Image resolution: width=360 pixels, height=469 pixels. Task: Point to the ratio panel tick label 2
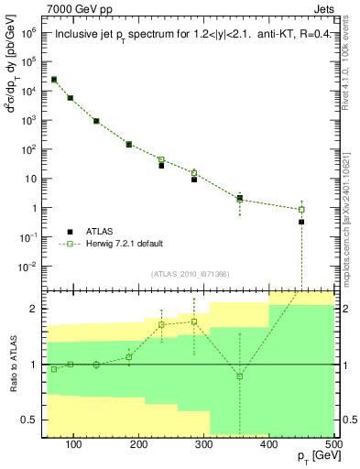[x=36, y=309]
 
